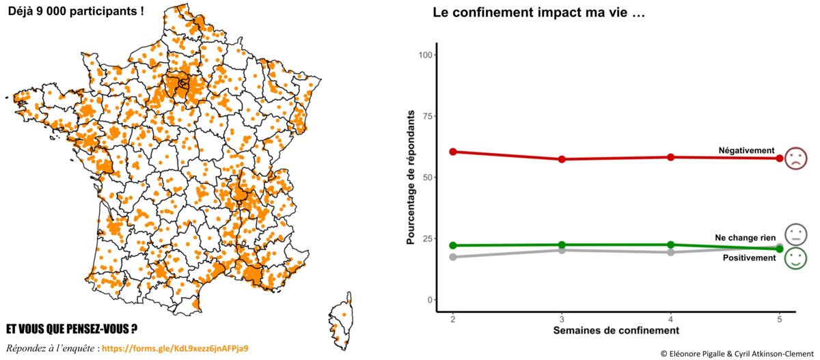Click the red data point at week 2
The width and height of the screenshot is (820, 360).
(x=453, y=152)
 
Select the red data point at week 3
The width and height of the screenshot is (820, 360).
(x=562, y=159)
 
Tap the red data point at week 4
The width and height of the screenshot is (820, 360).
(x=671, y=157)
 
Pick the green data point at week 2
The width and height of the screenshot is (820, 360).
(x=453, y=245)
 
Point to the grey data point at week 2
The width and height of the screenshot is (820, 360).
(x=453, y=257)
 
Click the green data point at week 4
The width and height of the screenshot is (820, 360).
(x=671, y=245)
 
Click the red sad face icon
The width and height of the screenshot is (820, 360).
(x=795, y=158)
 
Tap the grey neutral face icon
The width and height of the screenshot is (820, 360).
(x=796, y=234)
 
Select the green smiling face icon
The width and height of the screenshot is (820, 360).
(x=796, y=258)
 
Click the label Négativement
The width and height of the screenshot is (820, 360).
(x=746, y=150)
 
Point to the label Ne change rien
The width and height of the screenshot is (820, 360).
(x=745, y=238)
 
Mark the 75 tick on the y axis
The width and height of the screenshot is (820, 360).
(x=428, y=116)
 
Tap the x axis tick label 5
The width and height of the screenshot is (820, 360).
(x=780, y=320)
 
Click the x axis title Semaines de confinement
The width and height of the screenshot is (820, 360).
(x=616, y=331)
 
